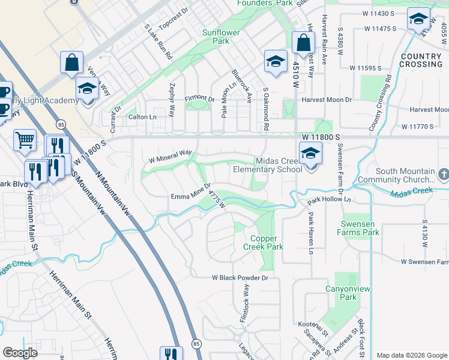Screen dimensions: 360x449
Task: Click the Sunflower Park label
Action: [x=216, y=37]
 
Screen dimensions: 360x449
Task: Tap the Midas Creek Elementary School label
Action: [x=268, y=165]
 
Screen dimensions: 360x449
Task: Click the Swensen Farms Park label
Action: [x=358, y=228]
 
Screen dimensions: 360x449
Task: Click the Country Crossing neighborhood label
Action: [x=421, y=60]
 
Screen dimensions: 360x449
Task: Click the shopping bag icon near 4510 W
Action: [x=304, y=43]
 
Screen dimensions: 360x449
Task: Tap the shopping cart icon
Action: [x=25, y=140]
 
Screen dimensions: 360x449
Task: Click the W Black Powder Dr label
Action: [x=239, y=278]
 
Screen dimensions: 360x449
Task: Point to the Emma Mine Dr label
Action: [x=190, y=196]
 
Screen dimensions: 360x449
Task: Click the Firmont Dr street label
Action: [x=199, y=98]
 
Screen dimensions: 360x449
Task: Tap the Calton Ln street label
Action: [x=142, y=118]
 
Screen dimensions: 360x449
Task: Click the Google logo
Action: [x=20, y=353]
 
